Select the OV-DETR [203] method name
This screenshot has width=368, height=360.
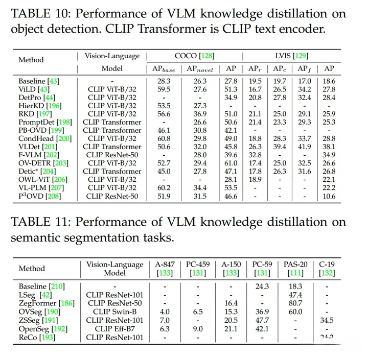click(x=43, y=163)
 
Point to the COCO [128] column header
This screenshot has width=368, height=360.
click(x=193, y=56)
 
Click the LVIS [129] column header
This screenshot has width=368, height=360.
click(x=292, y=56)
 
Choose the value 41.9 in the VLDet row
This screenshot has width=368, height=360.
click(x=303, y=147)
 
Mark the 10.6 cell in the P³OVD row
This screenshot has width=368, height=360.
click(x=330, y=196)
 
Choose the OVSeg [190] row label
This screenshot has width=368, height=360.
click(x=43, y=311)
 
